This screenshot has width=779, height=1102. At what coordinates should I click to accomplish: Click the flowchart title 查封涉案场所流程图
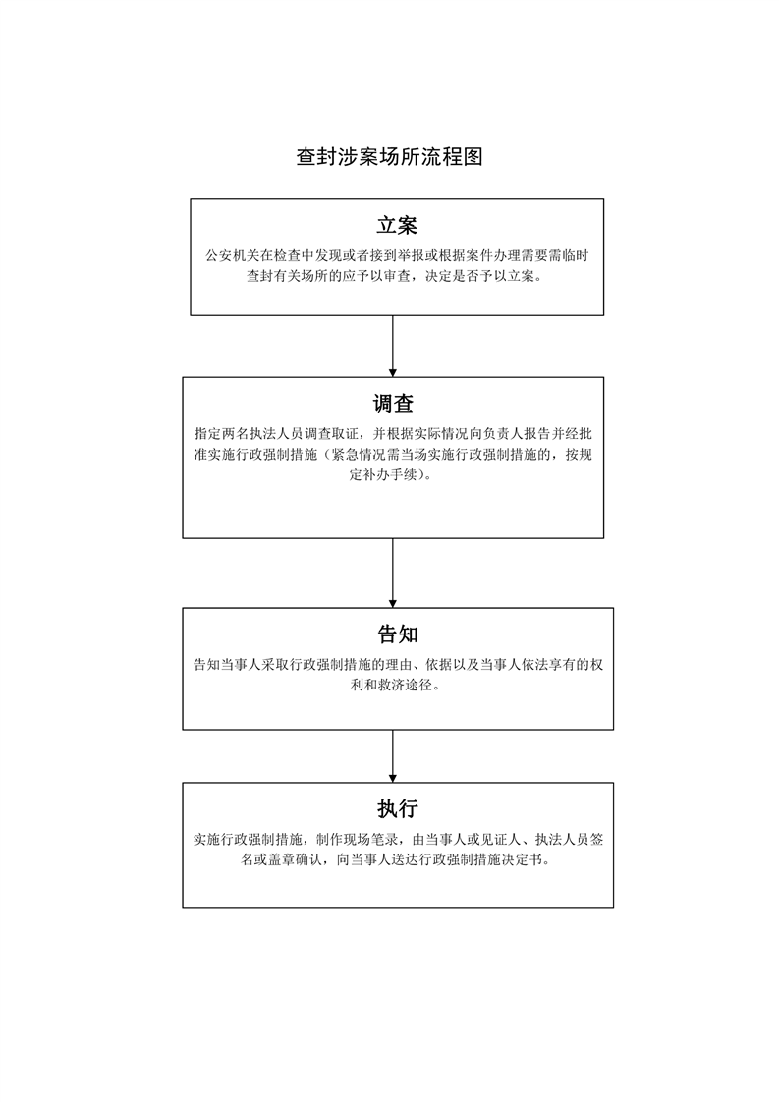[389, 157]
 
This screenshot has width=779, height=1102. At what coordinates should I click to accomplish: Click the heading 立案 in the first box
[397, 225]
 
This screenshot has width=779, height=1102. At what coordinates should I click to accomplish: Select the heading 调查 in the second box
[393, 404]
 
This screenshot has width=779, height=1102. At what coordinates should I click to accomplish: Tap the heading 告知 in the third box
[398, 634]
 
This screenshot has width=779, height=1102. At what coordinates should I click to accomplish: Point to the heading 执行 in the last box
[398, 808]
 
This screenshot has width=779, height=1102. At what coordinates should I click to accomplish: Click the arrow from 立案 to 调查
[393, 347]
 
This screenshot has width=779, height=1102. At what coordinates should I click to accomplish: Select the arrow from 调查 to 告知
[393, 574]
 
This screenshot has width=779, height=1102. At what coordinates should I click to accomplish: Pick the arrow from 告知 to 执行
[393, 756]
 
